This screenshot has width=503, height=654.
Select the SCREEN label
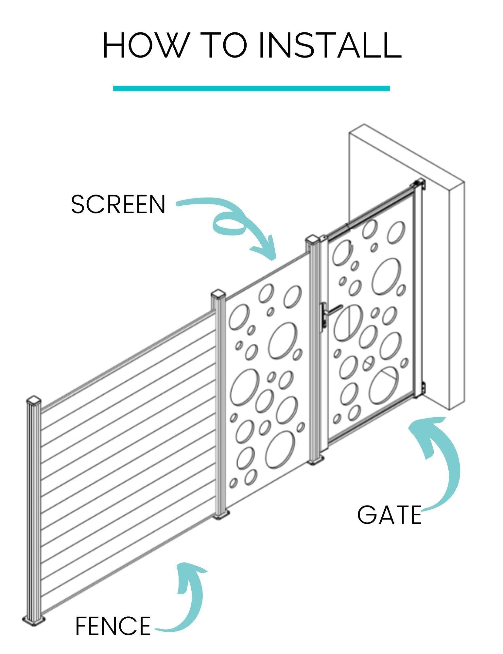(118, 205)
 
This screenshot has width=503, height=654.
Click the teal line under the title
(251, 88)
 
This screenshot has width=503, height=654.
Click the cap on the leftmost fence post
(34, 401)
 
